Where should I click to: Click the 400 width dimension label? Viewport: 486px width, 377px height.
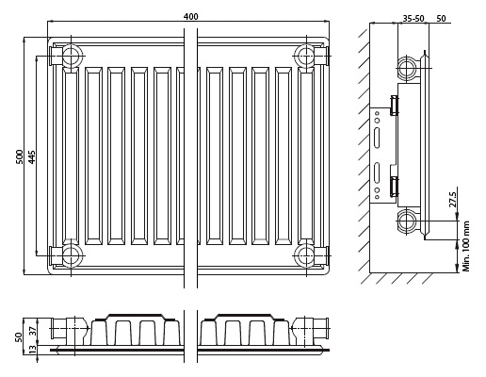(x=191, y=16)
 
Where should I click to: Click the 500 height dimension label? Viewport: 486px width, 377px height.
(x=19, y=156)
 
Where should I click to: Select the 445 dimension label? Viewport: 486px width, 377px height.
(x=32, y=156)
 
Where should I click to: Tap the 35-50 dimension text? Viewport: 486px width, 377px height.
(x=413, y=19)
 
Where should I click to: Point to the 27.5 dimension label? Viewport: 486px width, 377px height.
(x=452, y=199)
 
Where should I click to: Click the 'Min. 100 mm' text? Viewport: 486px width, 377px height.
(x=466, y=246)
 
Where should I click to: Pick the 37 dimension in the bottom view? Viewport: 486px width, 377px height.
(x=33, y=331)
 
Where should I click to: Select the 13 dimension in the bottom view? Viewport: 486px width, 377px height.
(x=33, y=350)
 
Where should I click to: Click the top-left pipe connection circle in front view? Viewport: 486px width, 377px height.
(x=72, y=56)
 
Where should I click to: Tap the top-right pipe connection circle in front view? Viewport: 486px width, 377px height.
(x=305, y=56)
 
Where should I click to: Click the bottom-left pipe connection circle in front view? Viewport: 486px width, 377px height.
(x=72, y=255)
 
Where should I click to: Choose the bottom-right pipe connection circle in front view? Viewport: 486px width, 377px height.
(x=305, y=255)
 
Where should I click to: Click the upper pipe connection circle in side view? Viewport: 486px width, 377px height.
(x=407, y=68)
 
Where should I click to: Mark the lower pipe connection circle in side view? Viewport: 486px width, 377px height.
(x=407, y=221)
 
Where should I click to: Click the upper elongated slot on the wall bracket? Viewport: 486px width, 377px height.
(x=377, y=138)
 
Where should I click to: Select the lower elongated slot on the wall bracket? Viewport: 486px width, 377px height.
(x=377, y=172)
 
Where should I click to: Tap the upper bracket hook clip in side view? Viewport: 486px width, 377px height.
(x=395, y=106)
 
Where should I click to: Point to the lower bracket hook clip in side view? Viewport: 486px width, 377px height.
(x=395, y=187)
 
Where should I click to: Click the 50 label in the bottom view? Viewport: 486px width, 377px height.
(x=19, y=337)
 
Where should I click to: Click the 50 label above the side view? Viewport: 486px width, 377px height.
(x=441, y=19)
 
